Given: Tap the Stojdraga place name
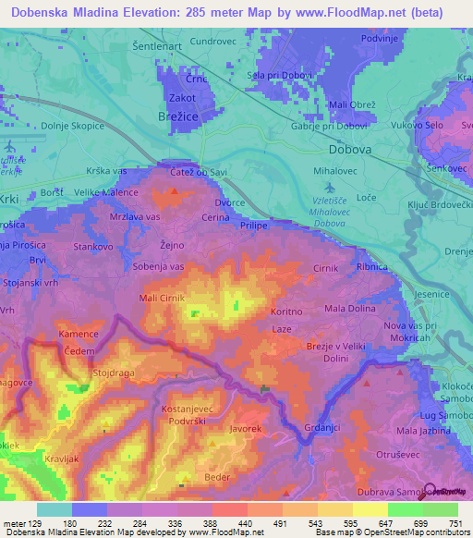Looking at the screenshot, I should point(115,375).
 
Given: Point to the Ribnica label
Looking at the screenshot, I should point(371,266).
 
